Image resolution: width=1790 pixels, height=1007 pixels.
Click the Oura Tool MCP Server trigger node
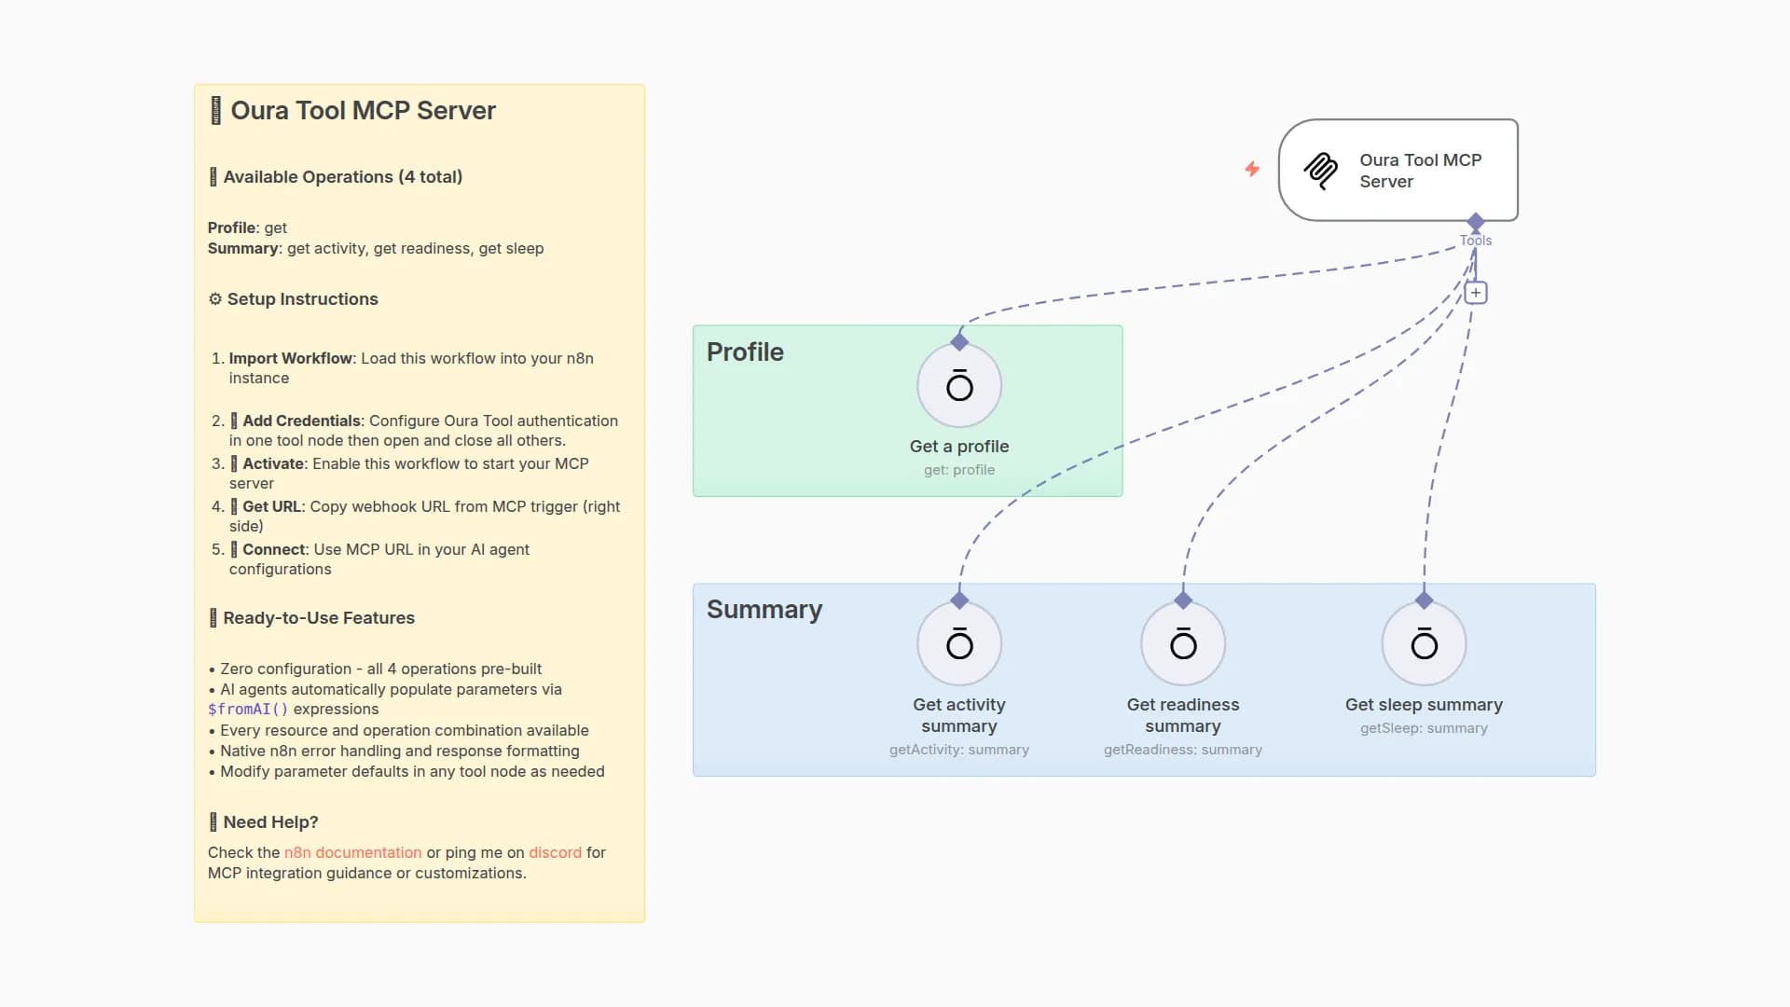(1398, 170)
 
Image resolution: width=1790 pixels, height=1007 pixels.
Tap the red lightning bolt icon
(1252, 169)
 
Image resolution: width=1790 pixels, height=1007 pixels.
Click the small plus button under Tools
(1475, 293)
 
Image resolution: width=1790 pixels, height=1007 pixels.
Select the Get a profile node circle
(958, 386)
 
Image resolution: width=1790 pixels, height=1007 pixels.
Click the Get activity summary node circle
(958, 643)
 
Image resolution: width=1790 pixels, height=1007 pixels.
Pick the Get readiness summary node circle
(1182, 643)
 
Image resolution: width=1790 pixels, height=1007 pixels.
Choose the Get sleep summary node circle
(1424, 643)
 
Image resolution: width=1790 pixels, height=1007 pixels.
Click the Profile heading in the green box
(745, 352)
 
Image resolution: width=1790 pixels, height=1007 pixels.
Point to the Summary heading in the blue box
(764, 609)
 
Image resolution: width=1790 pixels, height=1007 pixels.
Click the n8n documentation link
(352, 852)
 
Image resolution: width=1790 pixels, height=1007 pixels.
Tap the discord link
(555, 852)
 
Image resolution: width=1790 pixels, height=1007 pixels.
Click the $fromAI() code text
(248, 710)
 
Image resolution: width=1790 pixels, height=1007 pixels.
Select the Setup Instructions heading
(302, 299)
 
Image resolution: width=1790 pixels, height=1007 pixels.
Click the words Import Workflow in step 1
(290, 358)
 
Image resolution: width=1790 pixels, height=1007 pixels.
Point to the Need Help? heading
(270, 821)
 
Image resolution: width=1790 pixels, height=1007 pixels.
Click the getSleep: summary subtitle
(1424, 728)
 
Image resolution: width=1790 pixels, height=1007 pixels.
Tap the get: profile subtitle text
(958, 470)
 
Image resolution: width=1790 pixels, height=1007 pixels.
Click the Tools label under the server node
(1475, 241)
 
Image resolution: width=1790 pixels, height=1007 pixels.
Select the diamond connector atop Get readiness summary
(1182, 600)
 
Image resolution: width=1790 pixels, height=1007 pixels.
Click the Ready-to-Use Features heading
(318, 617)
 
